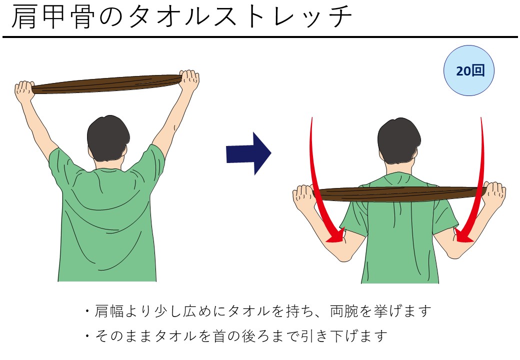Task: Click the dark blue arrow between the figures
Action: point(248,153)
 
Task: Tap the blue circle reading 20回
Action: point(469,70)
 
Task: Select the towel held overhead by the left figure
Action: point(107,84)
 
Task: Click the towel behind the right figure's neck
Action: point(400,194)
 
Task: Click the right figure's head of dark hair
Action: point(399,140)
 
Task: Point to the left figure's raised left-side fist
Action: point(24,91)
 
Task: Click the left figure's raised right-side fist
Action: point(189,80)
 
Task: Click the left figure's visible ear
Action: point(124,151)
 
